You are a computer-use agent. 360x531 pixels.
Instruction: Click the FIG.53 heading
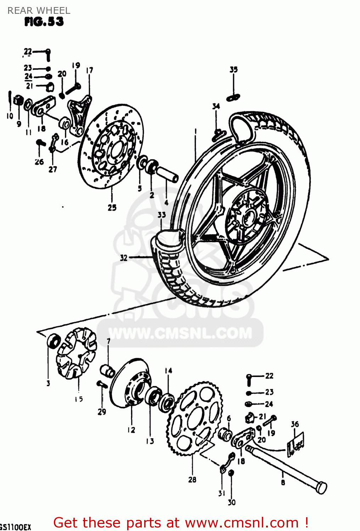pyautogui.click(x=44, y=22)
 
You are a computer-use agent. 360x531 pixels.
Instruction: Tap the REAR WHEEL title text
pyautogui.click(x=39, y=11)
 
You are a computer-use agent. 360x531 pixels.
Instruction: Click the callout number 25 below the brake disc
pyautogui.click(x=112, y=208)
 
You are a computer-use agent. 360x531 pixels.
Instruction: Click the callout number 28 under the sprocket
pyautogui.click(x=192, y=480)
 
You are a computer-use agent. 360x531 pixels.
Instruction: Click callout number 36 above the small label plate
pyautogui.click(x=295, y=424)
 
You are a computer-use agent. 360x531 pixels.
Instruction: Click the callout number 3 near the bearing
pyautogui.click(x=48, y=383)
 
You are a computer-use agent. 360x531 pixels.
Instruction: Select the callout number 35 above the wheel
pyautogui.click(x=234, y=70)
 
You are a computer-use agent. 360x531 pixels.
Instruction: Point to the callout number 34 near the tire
pyautogui.click(x=216, y=106)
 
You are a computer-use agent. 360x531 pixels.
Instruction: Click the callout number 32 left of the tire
pyautogui.click(x=123, y=258)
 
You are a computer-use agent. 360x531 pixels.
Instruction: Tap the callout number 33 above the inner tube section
pyautogui.click(x=162, y=215)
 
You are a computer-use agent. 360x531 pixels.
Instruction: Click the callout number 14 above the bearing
pyautogui.click(x=168, y=371)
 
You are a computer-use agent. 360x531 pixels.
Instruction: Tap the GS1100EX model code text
pyautogui.click(x=16, y=527)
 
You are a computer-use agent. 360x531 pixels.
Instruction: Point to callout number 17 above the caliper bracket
pyautogui.click(x=90, y=70)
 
